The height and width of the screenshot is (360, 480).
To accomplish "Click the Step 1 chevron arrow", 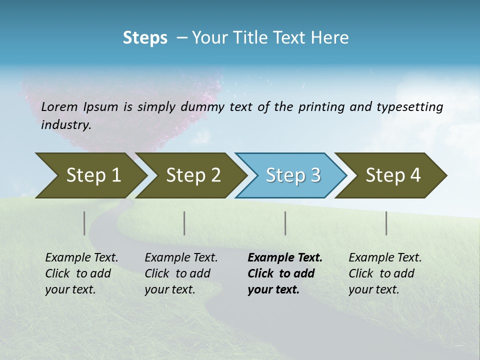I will pyautogui.click(x=93, y=175).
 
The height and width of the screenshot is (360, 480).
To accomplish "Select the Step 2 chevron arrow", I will pyautogui.click(x=193, y=175).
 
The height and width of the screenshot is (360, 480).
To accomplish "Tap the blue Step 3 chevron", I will pyautogui.click(x=292, y=175).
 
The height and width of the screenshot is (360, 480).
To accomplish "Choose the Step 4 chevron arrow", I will pyautogui.click(x=393, y=175).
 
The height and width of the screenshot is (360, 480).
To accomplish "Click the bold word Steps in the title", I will pyautogui.click(x=145, y=38).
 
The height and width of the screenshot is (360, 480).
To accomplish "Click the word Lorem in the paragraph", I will pyautogui.click(x=59, y=106).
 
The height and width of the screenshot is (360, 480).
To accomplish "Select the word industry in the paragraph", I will pyautogui.click(x=65, y=124).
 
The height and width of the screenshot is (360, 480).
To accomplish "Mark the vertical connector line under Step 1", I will pyautogui.click(x=84, y=223).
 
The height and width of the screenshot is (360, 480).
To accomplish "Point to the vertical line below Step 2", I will pyautogui.click(x=184, y=223).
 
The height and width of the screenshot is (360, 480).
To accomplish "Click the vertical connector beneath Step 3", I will pyautogui.click(x=285, y=223).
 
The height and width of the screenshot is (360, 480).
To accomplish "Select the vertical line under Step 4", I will pyautogui.click(x=386, y=223).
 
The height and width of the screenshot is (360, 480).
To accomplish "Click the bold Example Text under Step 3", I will pyautogui.click(x=285, y=258).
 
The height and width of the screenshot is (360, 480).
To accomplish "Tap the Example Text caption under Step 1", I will pyautogui.click(x=81, y=258).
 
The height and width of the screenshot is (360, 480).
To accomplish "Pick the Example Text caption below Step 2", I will pyautogui.click(x=181, y=258).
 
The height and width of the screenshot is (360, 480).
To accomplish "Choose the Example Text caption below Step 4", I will pyautogui.click(x=385, y=258).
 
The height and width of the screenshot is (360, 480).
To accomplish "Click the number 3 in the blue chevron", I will pyautogui.click(x=315, y=175).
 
